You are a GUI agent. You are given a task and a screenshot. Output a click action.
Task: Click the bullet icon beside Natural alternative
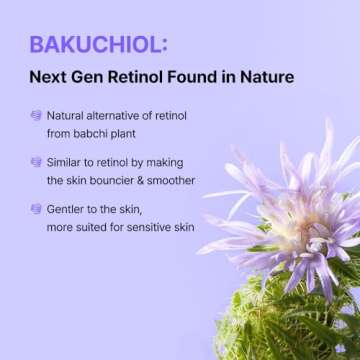[36, 116]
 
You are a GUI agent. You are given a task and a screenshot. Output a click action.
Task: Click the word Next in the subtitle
[47, 76]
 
